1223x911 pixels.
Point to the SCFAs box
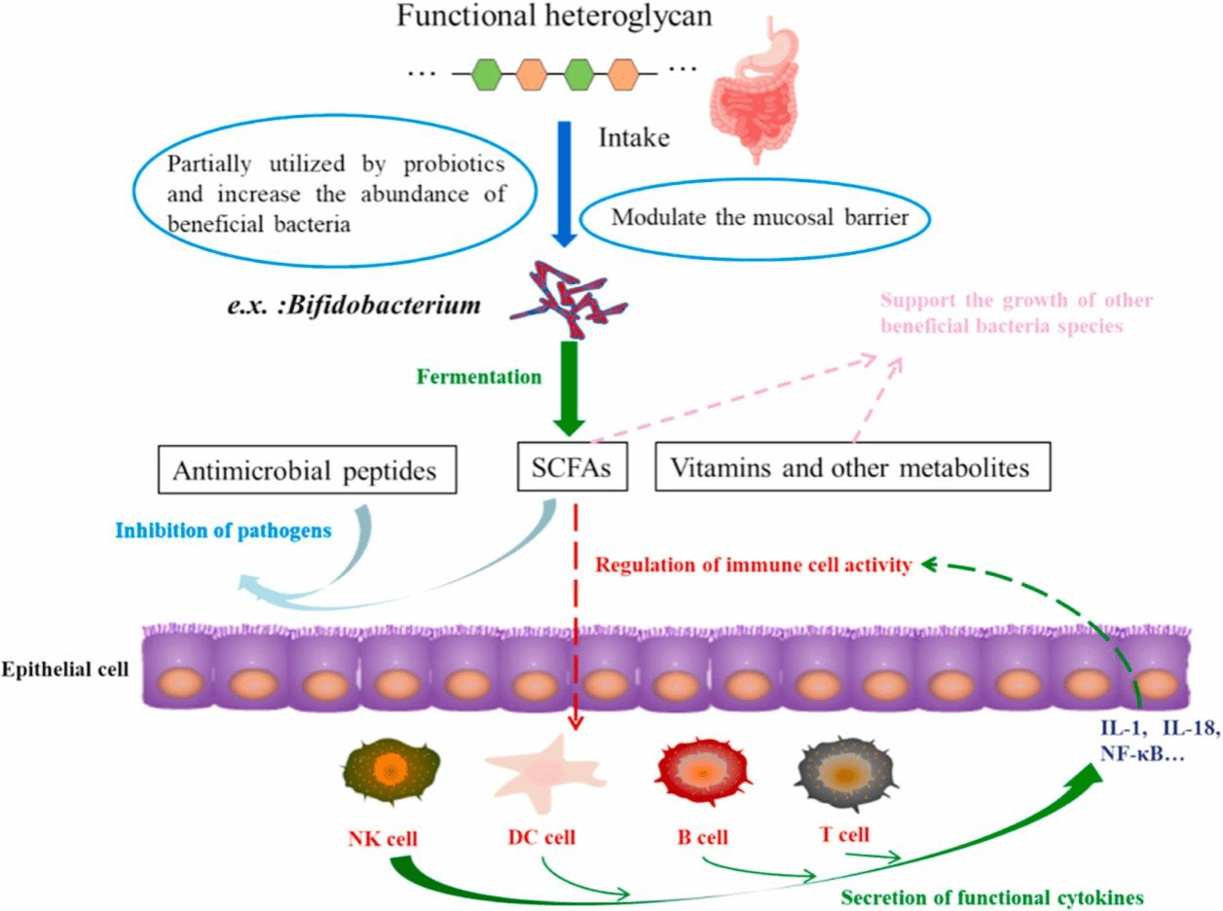coord(571,469)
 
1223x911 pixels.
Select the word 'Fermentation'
coord(478,377)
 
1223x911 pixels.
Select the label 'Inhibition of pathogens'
coord(223,531)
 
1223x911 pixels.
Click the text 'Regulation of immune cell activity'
coord(755,564)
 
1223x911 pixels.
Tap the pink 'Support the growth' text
coord(1016,311)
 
